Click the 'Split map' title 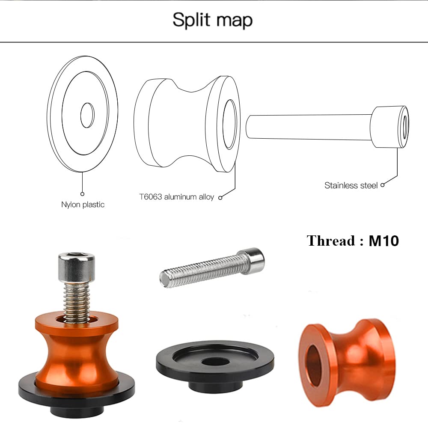click(212, 20)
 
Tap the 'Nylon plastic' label click(83, 205)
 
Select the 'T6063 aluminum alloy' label click(177, 197)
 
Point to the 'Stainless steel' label click(351, 185)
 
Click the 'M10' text click(384, 241)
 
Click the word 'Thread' click(331, 241)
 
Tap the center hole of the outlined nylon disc click(87, 115)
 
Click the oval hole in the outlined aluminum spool click(230, 124)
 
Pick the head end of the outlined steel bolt click(389, 127)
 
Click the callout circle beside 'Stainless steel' click(382, 185)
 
